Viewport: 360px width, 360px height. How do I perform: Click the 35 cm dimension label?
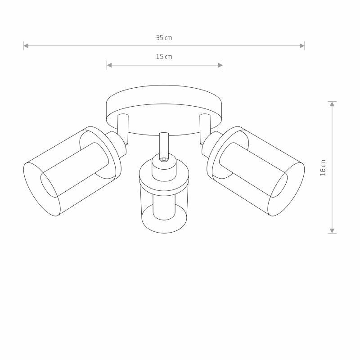click(x=164, y=38)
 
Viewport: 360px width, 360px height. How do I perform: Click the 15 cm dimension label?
click(x=164, y=57)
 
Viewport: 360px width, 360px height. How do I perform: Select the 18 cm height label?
click(x=323, y=168)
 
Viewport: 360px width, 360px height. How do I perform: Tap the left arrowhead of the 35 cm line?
click(x=26, y=46)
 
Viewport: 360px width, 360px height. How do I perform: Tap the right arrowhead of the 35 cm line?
click(x=302, y=46)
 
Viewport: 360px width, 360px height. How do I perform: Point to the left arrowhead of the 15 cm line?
click(x=109, y=65)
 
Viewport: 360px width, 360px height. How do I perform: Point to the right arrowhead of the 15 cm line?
click(x=220, y=65)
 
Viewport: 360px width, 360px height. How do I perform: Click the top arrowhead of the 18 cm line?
click(x=332, y=104)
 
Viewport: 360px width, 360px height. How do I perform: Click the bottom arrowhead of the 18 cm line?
click(x=332, y=231)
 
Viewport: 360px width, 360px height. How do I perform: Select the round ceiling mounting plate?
click(x=164, y=110)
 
